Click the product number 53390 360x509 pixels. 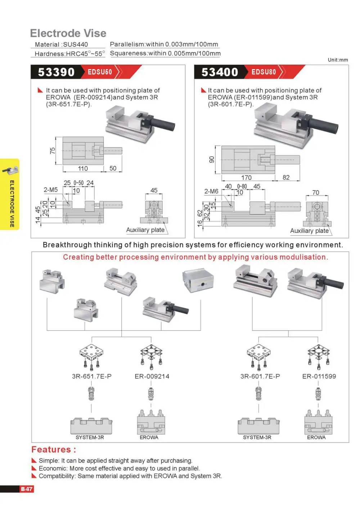click(x=56, y=72)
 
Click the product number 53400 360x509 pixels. click(x=220, y=72)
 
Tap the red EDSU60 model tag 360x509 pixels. click(x=100, y=72)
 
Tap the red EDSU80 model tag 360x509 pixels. click(x=264, y=72)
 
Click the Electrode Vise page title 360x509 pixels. click(x=68, y=33)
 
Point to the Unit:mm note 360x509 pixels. click(x=338, y=60)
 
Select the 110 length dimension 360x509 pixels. click(x=83, y=168)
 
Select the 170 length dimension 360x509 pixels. click(x=246, y=177)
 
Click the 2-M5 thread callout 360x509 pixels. click(x=51, y=190)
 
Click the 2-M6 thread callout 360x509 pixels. click(x=211, y=191)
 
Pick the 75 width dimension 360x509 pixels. click(x=53, y=151)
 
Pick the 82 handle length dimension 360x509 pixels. click(x=286, y=177)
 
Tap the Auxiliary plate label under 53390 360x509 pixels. click(x=145, y=230)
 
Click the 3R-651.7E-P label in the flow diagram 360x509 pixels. click(x=92, y=376)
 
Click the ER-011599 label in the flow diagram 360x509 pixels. click(x=319, y=376)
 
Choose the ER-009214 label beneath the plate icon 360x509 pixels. click(x=152, y=376)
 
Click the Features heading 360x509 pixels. click(x=54, y=450)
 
